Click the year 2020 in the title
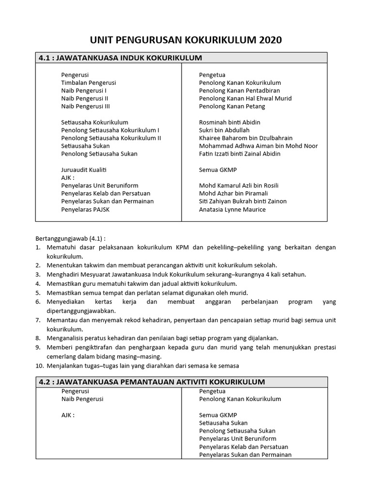click(x=267, y=40)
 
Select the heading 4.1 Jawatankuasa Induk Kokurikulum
click(x=120, y=58)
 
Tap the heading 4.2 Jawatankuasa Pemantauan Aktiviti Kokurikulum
click(x=152, y=382)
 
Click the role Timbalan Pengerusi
click(x=88, y=83)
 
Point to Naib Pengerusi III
click(x=85, y=106)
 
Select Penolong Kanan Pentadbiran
click(x=239, y=91)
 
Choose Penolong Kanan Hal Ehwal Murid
click(x=245, y=98)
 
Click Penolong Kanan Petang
click(x=232, y=106)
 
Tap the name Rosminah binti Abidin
click(x=230, y=123)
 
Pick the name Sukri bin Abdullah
click(x=224, y=130)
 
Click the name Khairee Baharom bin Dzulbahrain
click(x=246, y=138)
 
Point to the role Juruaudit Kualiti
click(x=84, y=170)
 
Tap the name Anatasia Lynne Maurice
click(x=232, y=210)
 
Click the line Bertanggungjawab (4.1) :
click(x=71, y=238)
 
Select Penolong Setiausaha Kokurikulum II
click(x=111, y=138)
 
